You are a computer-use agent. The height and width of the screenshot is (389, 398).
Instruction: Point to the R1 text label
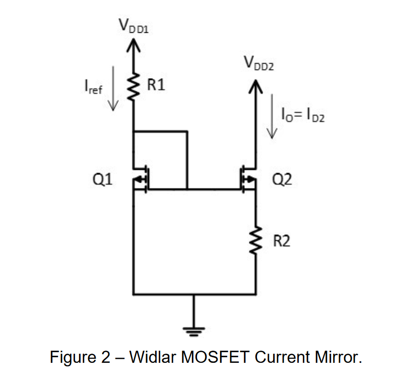156,85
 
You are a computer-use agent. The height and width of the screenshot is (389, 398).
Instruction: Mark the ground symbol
193,331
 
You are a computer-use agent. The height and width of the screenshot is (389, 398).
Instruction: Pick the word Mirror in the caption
337,357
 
